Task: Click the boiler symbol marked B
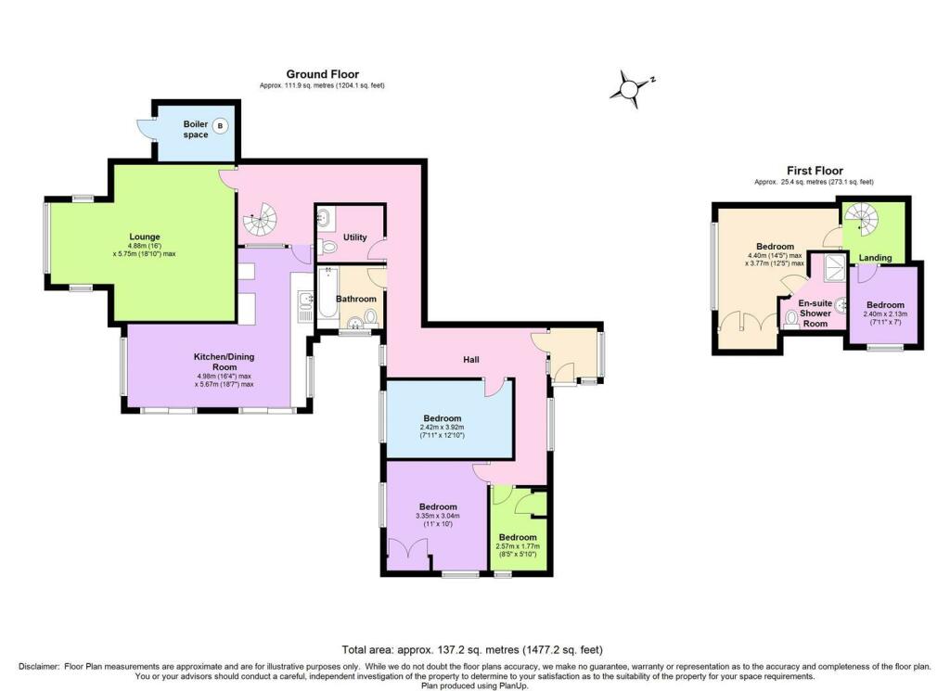click(221, 126)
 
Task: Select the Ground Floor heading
click(322, 74)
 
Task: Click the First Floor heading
click(815, 171)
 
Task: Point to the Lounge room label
click(144, 237)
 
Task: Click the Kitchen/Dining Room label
click(224, 362)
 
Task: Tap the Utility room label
click(355, 237)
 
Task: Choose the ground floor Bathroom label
click(356, 299)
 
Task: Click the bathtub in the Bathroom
click(327, 296)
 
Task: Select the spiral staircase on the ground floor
click(260, 219)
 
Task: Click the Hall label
click(470, 359)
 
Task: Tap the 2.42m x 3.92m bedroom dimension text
click(443, 431)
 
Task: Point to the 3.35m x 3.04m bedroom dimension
click(438, 519)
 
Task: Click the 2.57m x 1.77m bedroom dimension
click(518, 550)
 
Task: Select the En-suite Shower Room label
click(815, 314)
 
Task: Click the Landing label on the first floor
click(875, 257)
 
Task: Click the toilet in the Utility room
click(327, 247)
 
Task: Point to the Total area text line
click(472, 650)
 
